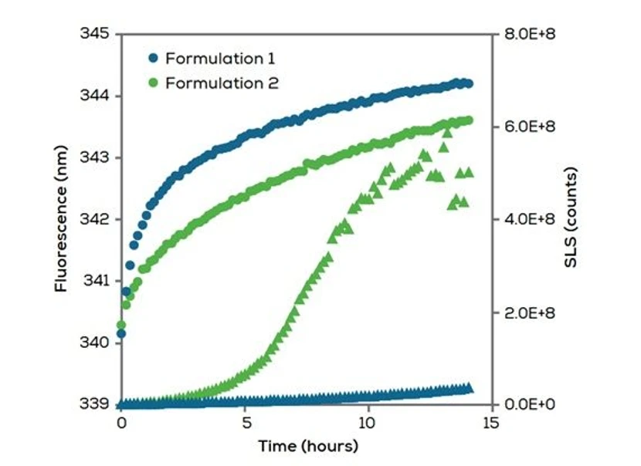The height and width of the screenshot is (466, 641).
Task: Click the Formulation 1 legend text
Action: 218,58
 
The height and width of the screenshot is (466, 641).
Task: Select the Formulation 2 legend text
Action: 219,83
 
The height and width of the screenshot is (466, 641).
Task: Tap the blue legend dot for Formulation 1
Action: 153,58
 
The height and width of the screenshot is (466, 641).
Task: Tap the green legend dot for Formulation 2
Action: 153,83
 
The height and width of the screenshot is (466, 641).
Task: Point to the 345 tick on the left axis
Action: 96,35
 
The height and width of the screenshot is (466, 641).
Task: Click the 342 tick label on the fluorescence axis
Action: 96,219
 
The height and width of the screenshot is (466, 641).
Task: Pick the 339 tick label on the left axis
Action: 96,404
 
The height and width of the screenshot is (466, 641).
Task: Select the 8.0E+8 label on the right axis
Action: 525,35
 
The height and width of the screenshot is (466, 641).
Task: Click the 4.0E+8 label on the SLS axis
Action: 525,219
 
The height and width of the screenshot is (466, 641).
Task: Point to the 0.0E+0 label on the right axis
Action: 525,404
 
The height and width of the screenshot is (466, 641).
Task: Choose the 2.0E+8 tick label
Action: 525,312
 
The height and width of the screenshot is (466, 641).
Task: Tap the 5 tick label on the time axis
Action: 245,424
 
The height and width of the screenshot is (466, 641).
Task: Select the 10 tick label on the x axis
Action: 368,424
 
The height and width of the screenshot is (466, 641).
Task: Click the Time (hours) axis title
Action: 308,446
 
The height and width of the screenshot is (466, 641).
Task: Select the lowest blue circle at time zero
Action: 121,334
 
